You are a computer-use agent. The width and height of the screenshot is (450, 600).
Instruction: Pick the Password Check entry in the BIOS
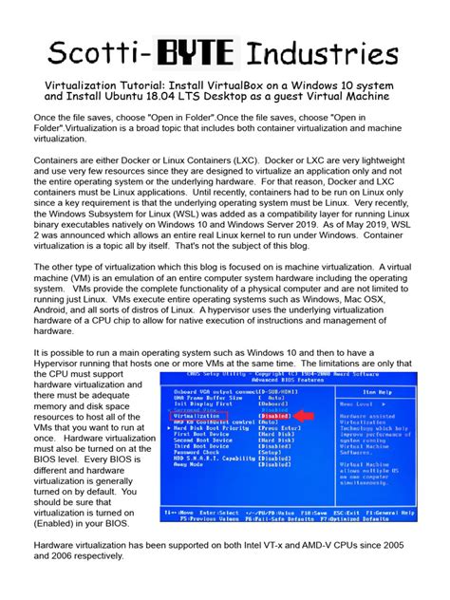(x=197, y=451)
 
